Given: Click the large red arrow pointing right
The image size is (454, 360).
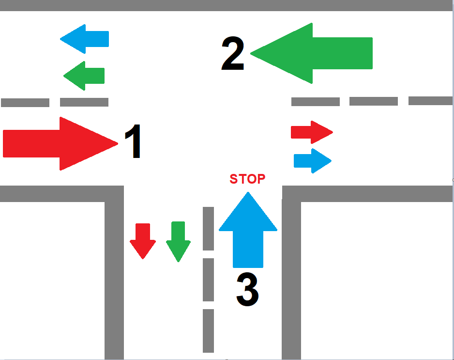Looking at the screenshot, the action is tap(60, 144).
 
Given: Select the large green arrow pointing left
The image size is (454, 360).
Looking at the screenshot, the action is tap(311, 53).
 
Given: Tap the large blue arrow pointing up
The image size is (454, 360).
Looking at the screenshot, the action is tap(248, 230).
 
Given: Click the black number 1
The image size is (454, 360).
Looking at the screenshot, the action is tap(133, 141).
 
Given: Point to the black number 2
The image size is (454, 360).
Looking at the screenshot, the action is tap(233, 53).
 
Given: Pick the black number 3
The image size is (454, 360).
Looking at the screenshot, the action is tap(247, 289).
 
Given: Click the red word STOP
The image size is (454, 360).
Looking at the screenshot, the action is tap(247, 179).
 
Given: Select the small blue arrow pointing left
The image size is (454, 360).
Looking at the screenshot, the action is tap(84, 39).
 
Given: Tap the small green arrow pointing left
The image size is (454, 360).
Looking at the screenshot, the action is tap(84, 76).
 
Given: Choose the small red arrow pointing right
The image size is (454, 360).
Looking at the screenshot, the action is tap(312, 132).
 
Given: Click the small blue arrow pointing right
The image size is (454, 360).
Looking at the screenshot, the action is tap(313, 161).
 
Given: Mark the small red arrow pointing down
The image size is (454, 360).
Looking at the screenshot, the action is tap(143, 241).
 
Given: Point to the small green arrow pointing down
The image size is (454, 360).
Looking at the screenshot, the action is tap(178, 242).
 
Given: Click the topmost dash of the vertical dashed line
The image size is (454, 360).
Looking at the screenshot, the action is tap(209, 228).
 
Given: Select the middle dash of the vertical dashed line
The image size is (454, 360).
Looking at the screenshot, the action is tap(209, 280).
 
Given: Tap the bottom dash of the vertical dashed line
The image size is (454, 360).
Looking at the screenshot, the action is tap(209, 331).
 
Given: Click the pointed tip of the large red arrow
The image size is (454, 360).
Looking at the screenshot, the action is tap(118, 143).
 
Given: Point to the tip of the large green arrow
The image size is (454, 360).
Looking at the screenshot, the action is tap(250, 54).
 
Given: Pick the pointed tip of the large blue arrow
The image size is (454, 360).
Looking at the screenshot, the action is tap(248, 192).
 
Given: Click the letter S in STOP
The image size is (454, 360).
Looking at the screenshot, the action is tap(234, 179).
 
